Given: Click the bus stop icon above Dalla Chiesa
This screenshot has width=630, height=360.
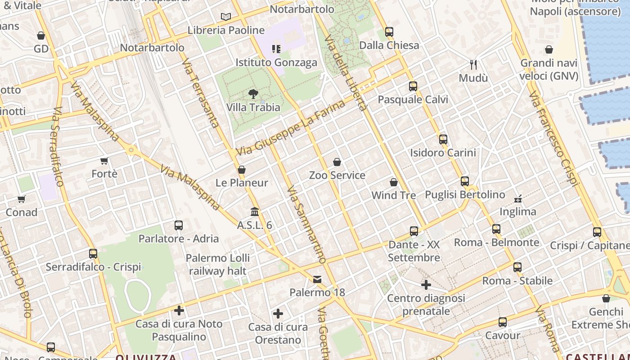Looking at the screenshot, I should click(389, 32).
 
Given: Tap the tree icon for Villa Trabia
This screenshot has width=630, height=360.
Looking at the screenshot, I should click(253, 94).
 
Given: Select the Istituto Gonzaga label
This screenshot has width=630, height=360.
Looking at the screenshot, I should click(276, 63).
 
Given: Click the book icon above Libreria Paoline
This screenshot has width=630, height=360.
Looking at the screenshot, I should click(226, 17).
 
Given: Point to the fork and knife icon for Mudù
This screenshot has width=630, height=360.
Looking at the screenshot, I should click(473, 65).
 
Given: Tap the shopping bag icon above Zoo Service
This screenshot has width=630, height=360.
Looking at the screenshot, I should click(337, 162).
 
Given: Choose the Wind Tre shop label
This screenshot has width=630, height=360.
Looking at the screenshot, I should click(393, 195).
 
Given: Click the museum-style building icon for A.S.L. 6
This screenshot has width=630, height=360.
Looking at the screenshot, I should click(255, 211).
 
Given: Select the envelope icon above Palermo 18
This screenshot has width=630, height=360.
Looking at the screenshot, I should click(317, 279).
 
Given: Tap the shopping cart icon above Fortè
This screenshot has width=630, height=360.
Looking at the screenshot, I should click(104, 161).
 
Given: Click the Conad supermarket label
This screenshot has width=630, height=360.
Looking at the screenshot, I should click(22, 212).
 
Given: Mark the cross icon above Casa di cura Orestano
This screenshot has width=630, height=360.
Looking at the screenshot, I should click(278, 314).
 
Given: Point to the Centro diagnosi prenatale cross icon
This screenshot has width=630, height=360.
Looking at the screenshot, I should click(426, 285).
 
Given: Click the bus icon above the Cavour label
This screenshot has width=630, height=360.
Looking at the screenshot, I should click(503, 322).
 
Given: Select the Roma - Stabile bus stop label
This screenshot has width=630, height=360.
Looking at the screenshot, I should click(517, 281).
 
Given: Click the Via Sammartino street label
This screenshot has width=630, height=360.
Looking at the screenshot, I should click(306, 224).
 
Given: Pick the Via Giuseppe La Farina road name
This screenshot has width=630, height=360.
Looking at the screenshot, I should click(290, 128).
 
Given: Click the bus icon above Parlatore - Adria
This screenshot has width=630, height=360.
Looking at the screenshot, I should click(179, 225).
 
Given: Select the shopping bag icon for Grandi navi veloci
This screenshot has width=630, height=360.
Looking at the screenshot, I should click(549, 49).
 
